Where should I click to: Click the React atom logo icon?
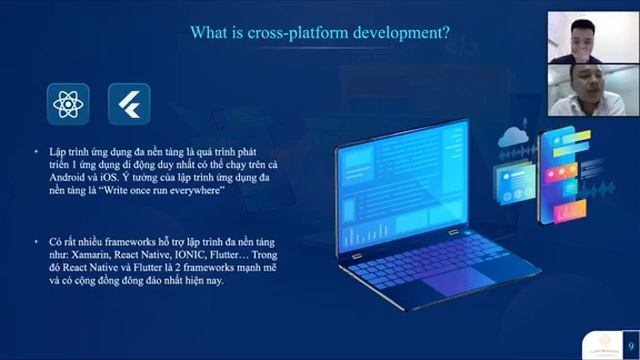pyautogui.click(x=66, y=103)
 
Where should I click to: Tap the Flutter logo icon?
pyautogui.click(x=128, y=103)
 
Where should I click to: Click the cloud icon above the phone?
pyautogui.click(x=517, y=135)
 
